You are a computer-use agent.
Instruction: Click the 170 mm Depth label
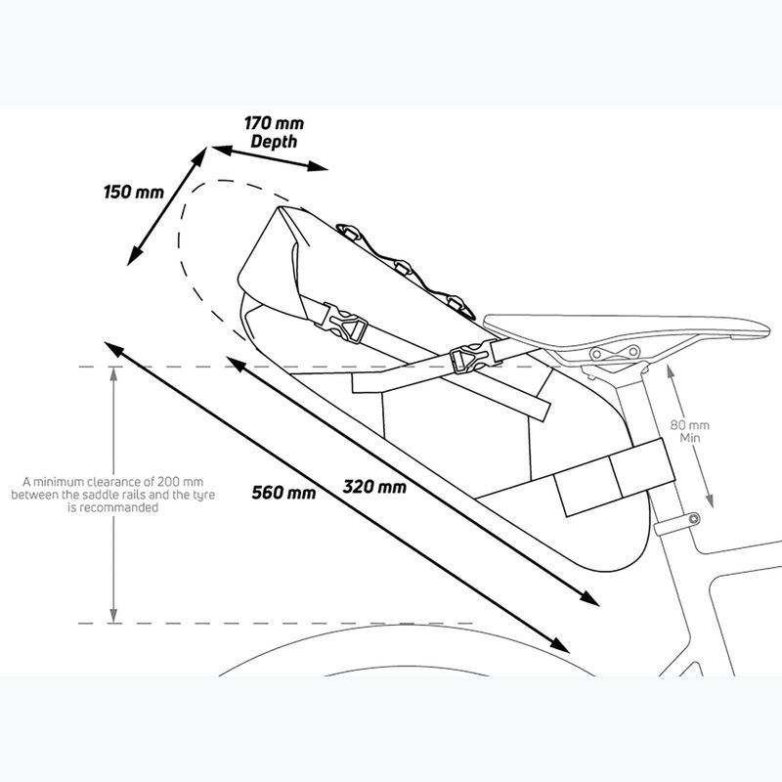pyautogui.click(x=274, y=132)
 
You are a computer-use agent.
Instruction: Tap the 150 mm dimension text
pyautogui.click(x=134, y=192)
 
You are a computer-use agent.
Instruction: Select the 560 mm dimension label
pyautogui.click(x=283, y=493)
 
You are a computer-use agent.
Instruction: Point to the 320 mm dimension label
pyautogui.click(x=374, y=486)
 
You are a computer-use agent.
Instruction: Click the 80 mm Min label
pyautogui.click(x=690, y=431)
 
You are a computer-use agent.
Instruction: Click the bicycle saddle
pyautogui.click(x=627, y=328)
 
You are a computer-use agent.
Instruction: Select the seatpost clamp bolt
pyautogui.click(x=694, y=519)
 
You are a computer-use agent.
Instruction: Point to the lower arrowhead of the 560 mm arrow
pyautogui.click(x=559, y=645)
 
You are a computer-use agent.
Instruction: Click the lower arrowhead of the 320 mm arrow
pyautogui.click(x=589, y=598)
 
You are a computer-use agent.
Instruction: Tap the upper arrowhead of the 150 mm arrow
pyautogui.click(x=199, y=156)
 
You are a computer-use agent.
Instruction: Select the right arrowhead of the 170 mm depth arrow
pyautogui.click(x=317, y=166)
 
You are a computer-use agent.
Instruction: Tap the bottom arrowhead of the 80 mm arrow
pyautogui.click(x=710, y=500)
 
